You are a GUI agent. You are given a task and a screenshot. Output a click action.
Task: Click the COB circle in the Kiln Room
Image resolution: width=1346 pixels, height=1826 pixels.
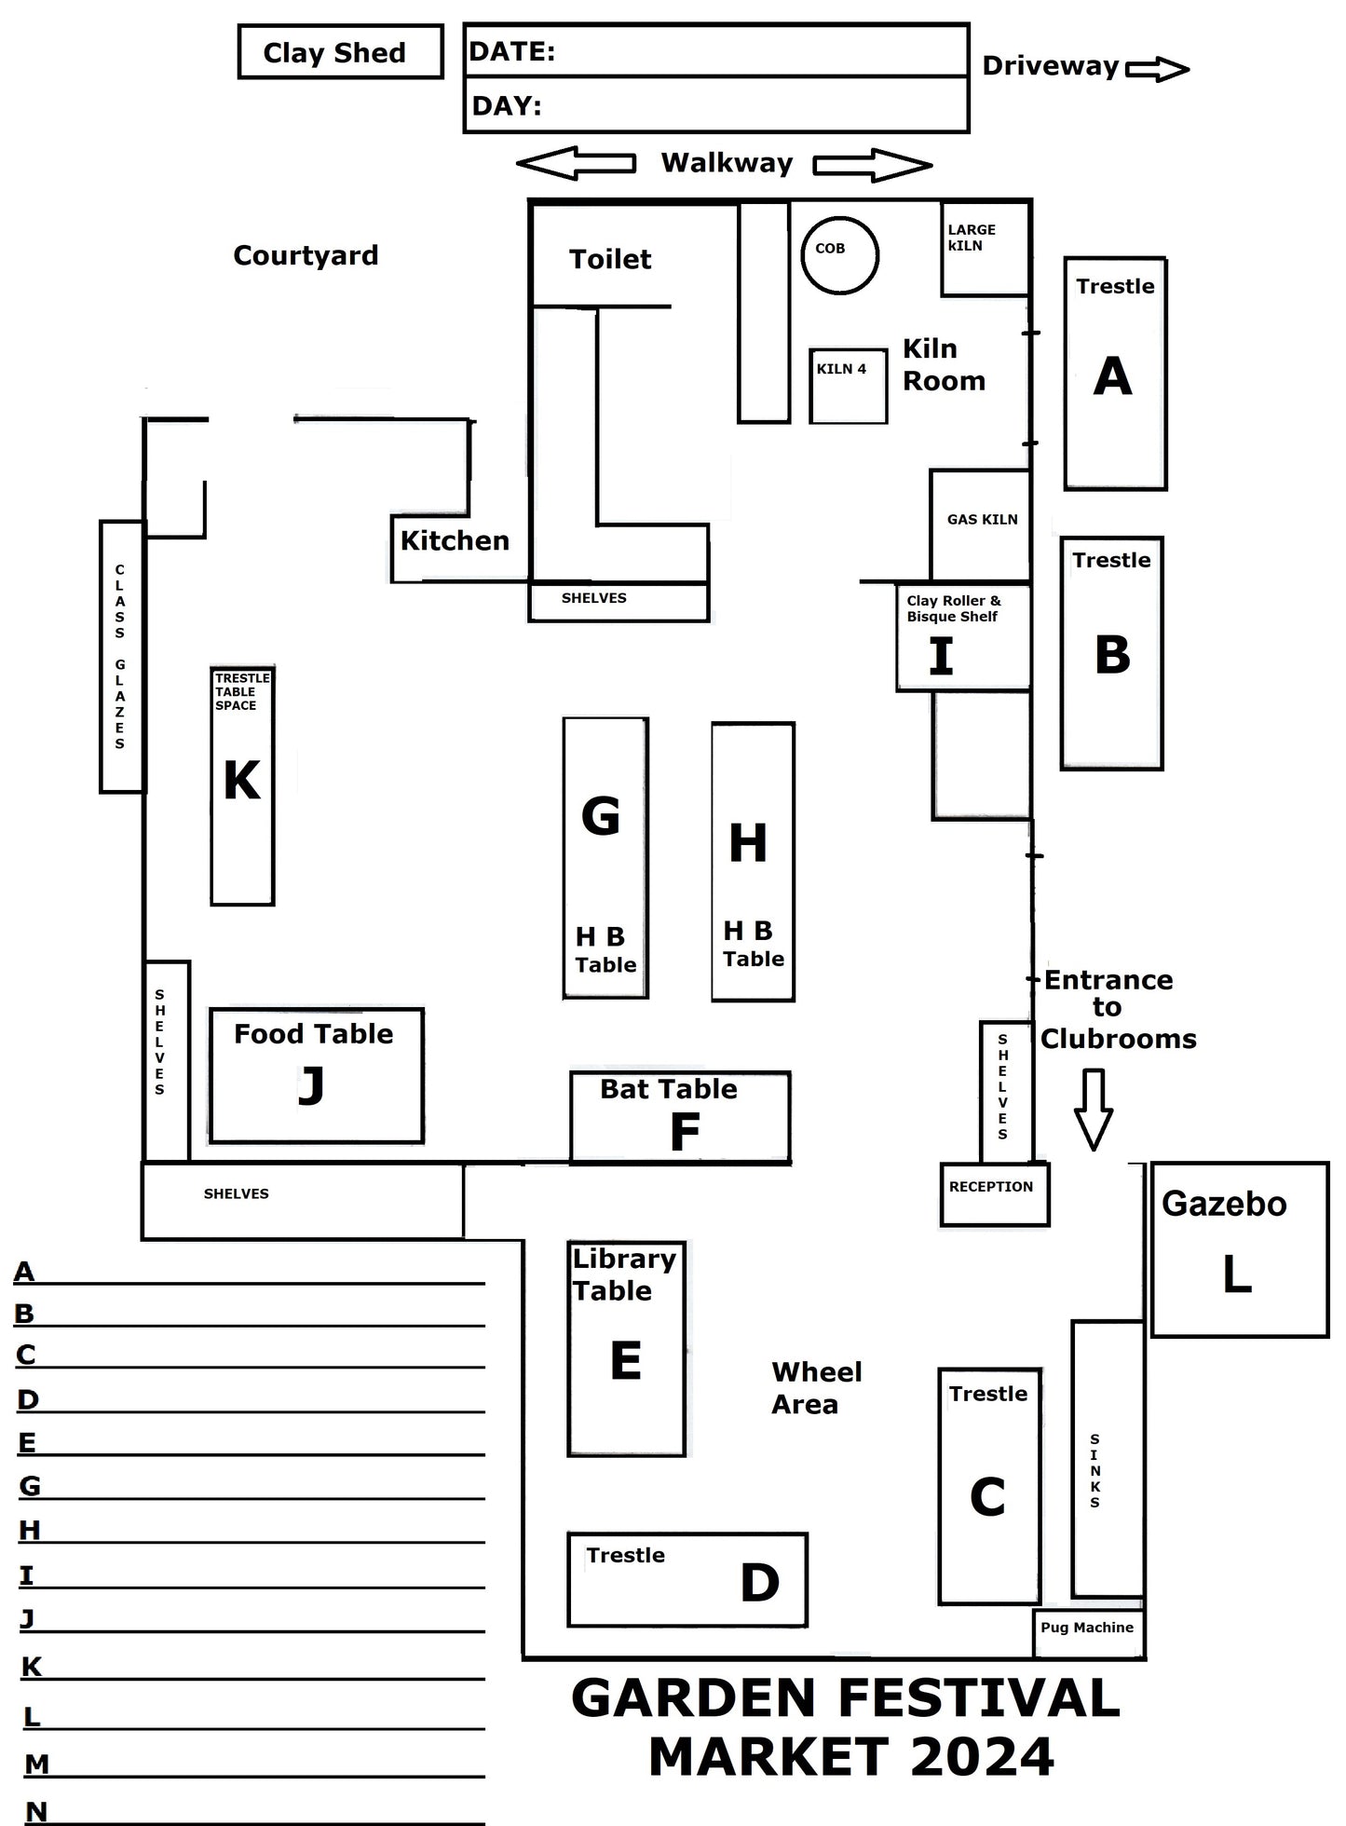(x=839, y=254)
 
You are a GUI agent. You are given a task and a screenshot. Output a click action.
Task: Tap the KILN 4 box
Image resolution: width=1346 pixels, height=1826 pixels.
(x=848, y=386)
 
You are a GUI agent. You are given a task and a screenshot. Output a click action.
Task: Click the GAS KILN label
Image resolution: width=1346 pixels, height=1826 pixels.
(x=982, y=520)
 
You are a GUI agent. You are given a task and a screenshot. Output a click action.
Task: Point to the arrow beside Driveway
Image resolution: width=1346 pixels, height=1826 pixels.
(x=1157, y=69)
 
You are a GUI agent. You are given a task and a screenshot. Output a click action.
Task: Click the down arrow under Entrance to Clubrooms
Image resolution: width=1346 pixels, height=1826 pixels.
(x=1094, y=1109)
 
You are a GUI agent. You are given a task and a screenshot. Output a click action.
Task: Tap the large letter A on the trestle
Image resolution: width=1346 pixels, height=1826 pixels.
(x=1113, y=376)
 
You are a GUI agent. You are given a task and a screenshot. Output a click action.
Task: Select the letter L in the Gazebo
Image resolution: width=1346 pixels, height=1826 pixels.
(x=1237, y=1274)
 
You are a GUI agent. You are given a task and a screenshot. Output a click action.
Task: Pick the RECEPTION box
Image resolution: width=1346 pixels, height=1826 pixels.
(x=994, y=1193)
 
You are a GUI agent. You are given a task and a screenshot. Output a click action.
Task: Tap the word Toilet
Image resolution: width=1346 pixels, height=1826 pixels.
(x=610, y=259)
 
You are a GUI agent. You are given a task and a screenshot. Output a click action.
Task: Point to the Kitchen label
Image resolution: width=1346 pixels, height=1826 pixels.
(x=455, y=540)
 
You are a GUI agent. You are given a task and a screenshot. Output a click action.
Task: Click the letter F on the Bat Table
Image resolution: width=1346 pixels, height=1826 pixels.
(x=685, y=1132)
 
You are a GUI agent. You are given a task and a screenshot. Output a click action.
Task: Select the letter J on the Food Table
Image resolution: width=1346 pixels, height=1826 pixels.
(x=311, y=1085)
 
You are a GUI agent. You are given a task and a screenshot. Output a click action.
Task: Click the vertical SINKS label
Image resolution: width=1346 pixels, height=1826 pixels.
(x=1094, y=1471)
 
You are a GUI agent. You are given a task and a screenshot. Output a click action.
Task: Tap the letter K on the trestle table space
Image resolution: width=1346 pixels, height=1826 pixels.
(x=242, y=780)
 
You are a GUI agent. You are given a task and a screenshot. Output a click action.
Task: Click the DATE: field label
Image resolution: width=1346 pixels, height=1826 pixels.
(x=512, y=52)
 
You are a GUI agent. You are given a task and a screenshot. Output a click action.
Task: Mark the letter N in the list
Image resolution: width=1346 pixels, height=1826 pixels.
(x=36, y=1811)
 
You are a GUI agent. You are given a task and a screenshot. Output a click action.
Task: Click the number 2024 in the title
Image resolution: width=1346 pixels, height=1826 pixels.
(x=982, y=1757)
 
